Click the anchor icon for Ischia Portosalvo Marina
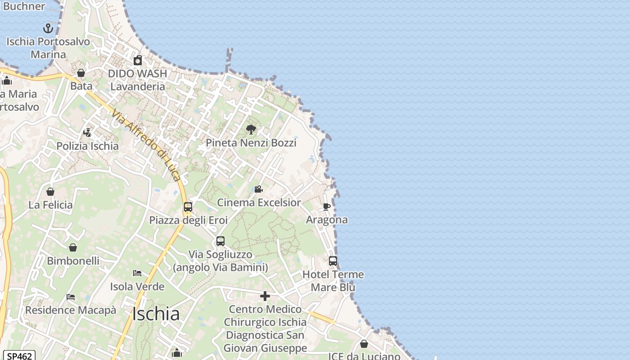click(x=48, y=28)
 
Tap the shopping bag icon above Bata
click(x=81, y=73)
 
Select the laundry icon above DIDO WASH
click(x=138, y=60)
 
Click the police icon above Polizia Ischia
click(x=87, y=133)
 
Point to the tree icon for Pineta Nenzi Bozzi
click(x=251, y=130)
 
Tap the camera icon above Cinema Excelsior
click(x=258, y=189)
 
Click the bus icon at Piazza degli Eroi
click(x=188, y=207)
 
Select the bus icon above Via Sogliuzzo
click(x=220, y=241)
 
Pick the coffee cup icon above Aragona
click(x=327, y=207)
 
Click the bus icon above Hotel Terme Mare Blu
click(x=333, y=261)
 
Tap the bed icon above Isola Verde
click(x=137, y=273)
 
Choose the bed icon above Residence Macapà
click(x=71, y=297)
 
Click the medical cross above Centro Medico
click(x=265, y=296)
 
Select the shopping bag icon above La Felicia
click(x=50, y=192)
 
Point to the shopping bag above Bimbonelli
click(x=73, y=247)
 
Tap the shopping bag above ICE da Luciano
click(x=364, y=344)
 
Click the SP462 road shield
click(x=20, y=356)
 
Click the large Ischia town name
click(x=156, y=314)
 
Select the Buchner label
click(x=24, y=6)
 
